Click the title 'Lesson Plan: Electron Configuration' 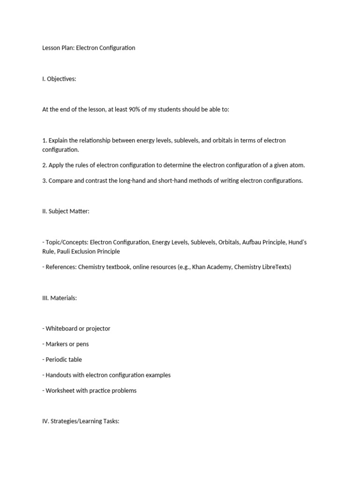(x=89, y=48)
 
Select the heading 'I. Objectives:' (x=59, y=79)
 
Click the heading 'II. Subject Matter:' (x=66, y=211)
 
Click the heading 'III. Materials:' (x=60, y=298)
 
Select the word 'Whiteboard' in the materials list (x=61, y=329)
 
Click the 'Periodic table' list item (x=63, y=360)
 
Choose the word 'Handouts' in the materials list (x=59, y=375)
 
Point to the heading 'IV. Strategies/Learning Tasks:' (x=81, y=421)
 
